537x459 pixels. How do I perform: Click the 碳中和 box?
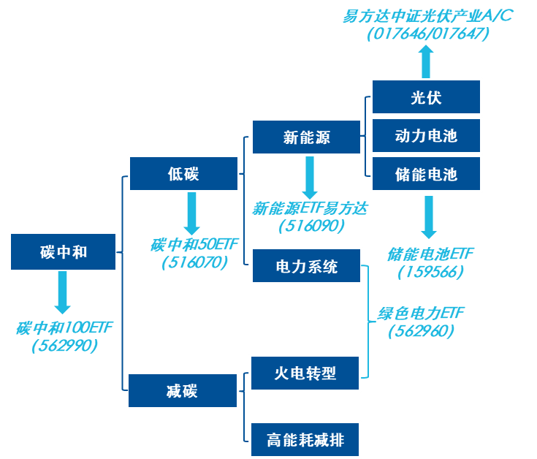coord(64,251)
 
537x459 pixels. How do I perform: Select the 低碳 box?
coord(183,173)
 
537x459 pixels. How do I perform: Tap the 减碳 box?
coord(183,390)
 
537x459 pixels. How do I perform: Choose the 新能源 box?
coord(306,137)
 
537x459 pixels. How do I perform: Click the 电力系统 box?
coord(306,266)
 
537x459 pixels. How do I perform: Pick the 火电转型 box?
coord(305,373)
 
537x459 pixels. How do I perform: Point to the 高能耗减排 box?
coord(305,440)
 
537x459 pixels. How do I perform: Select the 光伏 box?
coord(426,97)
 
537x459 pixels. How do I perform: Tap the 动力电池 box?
coord(426,136)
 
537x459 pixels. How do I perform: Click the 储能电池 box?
coord(426,174)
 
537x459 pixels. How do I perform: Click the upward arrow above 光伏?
coord(426,61)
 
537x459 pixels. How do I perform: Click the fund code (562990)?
coord(64,346)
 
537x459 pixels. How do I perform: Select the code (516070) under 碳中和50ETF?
coord(194,262)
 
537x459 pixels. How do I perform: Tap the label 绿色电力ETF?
coord(421,314)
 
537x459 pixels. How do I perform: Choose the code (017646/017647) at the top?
coord(428,34)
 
